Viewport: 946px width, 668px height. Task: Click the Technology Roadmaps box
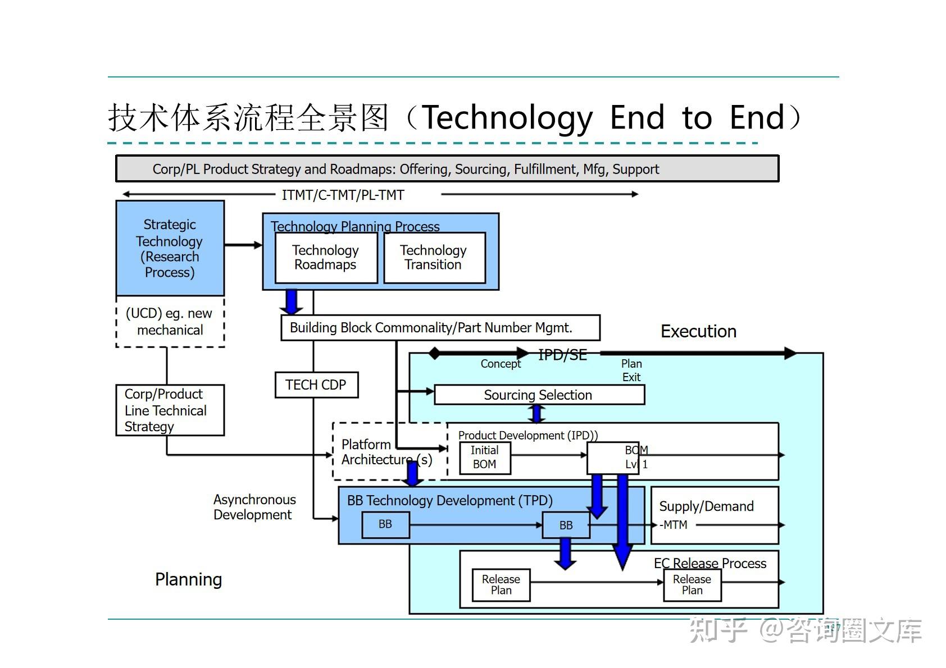click(x=325, y=258)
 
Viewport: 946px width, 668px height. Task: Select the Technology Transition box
click(x=434, y=258)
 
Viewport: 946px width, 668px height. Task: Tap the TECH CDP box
click(x=316, y=385)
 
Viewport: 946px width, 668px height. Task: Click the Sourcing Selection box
click(x=538, y=395)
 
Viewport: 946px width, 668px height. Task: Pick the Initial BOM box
click(x=484, y=457)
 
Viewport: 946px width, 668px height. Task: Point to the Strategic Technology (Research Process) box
click(x=170, y=248)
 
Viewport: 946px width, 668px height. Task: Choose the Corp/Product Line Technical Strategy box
click(x=169, y=410)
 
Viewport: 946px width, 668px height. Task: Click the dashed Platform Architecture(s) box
click(x=387, y=452)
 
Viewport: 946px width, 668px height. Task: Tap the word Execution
click(x=698, y=332)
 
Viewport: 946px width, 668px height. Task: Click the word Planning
click(x=188, y=580)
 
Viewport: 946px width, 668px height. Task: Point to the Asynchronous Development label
click(x=254, y=507)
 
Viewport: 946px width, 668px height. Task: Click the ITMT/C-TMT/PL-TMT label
click(x=343, y=195)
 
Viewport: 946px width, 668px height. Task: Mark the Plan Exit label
click(x=631, y=370)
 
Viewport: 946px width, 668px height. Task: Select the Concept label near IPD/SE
click(x=501, y=364)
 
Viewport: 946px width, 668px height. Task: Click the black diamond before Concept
click(x=434, y=354)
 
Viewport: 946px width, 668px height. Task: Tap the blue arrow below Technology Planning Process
click(x=291, y=302)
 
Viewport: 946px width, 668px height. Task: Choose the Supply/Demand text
click(x=706, y=506)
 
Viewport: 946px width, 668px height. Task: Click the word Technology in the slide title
click(x=507, y=118)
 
